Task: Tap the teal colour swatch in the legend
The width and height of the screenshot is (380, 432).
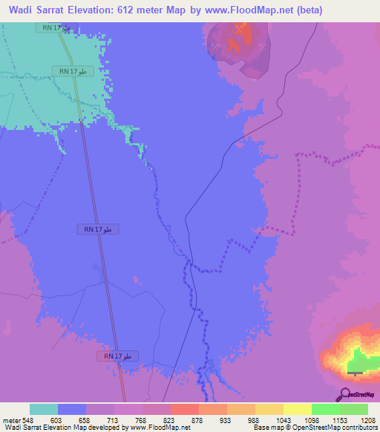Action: point(44,409)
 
